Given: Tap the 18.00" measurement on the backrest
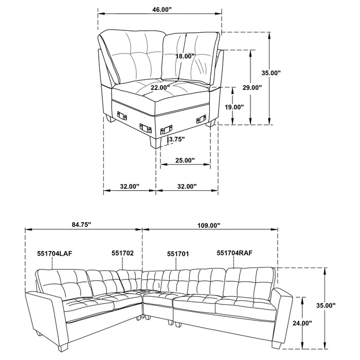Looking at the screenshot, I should (185, 56).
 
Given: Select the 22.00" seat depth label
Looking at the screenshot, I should (161, 88).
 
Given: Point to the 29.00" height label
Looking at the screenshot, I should (253, 87).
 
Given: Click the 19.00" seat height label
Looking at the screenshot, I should (234, 107).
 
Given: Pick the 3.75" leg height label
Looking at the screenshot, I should (176, 139).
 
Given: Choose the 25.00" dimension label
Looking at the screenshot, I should (185, 160).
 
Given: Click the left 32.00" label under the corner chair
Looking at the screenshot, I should (130, 186).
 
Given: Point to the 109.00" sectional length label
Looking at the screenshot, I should (209, 225).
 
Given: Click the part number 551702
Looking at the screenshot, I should (122, 253).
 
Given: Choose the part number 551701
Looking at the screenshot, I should (177, 253).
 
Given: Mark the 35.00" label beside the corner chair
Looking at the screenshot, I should (271, 73).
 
